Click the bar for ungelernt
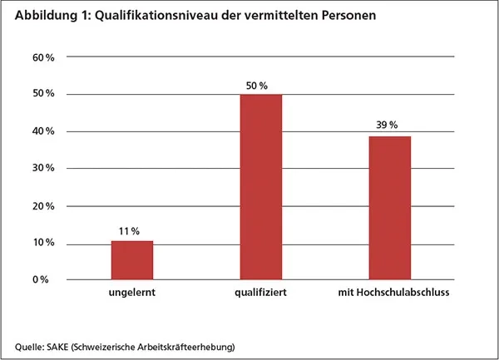pos(132,259)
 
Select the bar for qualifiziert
pos(261,187)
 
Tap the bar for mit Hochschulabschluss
pos(389,208)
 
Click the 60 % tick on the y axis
pos(44,57)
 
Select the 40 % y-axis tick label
pos(44,131)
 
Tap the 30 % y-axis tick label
pos(44,169)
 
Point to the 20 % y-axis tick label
pos(44,206)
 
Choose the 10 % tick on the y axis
pos(44,243)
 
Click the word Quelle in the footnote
pos(30,345)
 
